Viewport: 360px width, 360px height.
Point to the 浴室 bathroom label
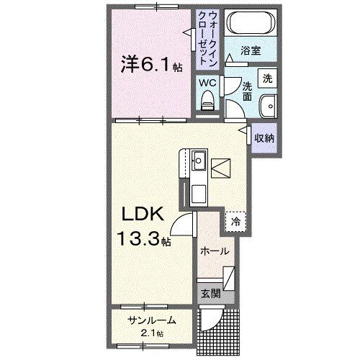click(250, 52)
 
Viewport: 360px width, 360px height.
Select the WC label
click(207, 83)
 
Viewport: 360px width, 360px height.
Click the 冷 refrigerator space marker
click(235, 222)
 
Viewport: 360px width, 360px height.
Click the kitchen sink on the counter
click(198, 160)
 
